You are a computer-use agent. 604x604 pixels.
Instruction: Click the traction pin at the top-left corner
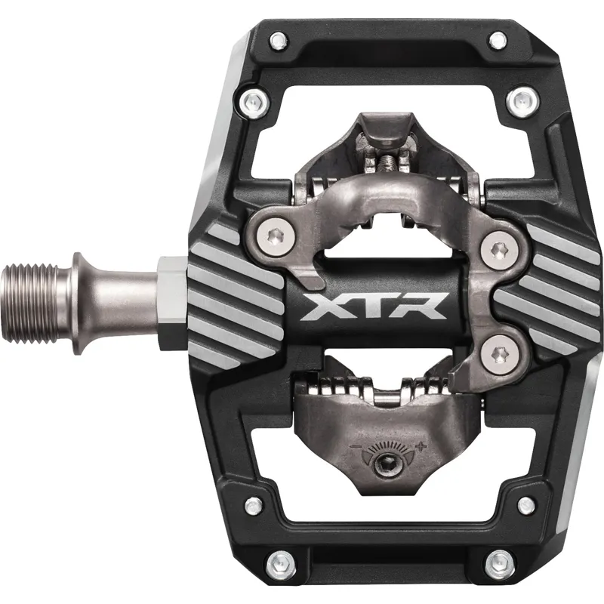tap(279, 39)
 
